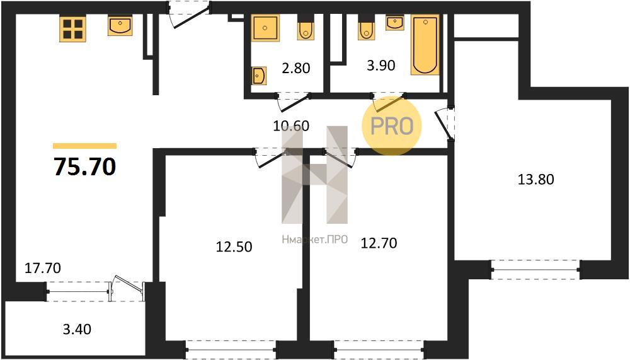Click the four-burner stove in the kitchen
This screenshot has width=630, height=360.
click(72, 29)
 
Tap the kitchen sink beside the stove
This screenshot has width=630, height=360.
click(120, 26)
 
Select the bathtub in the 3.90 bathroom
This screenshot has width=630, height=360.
click(425, 45)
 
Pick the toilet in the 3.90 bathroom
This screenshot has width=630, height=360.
click(366, 27)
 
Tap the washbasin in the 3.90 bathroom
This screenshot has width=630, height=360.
click(395, 23)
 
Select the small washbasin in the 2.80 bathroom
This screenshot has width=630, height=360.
click(259, 76)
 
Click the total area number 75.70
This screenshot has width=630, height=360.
click(85, 166)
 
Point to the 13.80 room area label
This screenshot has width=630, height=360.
click(535, 179)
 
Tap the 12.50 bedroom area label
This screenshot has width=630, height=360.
click(234, 246)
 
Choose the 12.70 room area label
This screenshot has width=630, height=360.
click(379, 243)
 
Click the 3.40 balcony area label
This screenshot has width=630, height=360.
click(77, 330)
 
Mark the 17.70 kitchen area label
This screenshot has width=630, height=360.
click(43, 267)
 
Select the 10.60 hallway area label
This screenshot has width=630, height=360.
click(291, 126)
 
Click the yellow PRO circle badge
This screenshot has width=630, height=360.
click(392, 125)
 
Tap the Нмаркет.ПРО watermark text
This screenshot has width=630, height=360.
click(314, 240)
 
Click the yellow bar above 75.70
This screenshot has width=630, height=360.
click(85, 146)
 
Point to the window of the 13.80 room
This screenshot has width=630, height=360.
click(535, 269)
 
